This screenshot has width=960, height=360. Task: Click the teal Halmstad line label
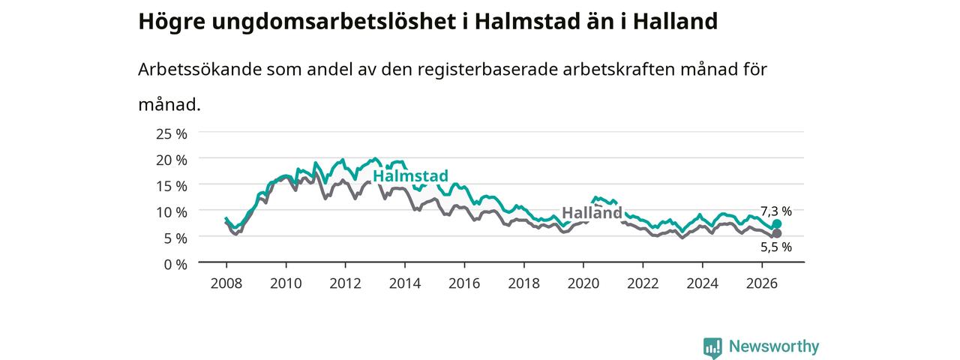pos(410,175)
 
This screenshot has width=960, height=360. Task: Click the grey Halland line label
pos(592,212)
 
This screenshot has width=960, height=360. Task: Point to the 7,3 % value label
pos(776,211)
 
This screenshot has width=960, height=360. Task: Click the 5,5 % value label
pos(776,247)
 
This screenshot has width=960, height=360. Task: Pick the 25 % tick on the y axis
pos(172,134)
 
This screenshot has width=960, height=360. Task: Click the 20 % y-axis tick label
pos(172,160)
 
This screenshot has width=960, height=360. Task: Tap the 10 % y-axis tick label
pos(172,212)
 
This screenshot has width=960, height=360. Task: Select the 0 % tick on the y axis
pos(175,265)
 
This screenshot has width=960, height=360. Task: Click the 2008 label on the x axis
pos(226,283)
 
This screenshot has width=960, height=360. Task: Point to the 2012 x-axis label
pos(346,283)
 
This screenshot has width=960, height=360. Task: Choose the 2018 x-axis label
pos(523,283)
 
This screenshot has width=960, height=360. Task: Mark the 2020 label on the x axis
pos(583,283)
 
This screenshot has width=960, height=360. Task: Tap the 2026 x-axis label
pos(762,283)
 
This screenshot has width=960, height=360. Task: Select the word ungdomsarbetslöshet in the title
pos(334,22)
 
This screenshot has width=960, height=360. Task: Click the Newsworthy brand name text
pos(774,346)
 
